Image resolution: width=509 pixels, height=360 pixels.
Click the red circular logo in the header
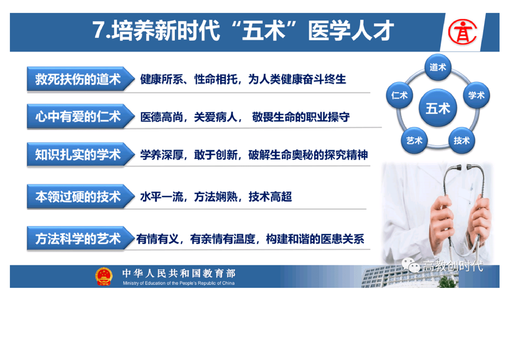click(x=462, y=32)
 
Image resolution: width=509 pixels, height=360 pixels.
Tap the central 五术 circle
click(x=438, y=108)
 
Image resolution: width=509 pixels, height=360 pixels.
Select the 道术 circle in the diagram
click(x=438, y=67)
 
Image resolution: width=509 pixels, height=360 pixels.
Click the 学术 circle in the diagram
click(x=476, y=95)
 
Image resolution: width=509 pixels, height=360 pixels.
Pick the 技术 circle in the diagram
click(x=462, y=140)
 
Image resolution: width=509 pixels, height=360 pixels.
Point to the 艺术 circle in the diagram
click(x=414, y=140)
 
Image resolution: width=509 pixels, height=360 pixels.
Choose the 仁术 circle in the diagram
click(x=399, y=95)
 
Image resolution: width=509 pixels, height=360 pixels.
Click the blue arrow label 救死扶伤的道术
click(x=81, y=79)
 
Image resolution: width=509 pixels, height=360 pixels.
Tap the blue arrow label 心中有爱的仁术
click(x=81, y=116)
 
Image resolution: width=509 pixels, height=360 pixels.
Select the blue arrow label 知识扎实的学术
click(x=81, y=155)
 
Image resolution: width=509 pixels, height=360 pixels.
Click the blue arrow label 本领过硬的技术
click(x=81, y=197)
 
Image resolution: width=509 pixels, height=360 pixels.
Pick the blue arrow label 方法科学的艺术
click(x=81, y=238)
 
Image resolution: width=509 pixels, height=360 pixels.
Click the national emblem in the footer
click(x=104, y=276)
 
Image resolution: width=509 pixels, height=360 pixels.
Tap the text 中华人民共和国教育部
click(x=179, y=273)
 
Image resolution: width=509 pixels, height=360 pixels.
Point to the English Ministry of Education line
click(x=179, y=283)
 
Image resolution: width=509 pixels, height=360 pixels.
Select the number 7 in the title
click(x=99, y=30)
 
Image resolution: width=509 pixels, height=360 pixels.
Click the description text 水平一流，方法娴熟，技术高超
click(x=216, y=197)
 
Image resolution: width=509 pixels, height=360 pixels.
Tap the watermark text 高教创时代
click(x=453, y=266)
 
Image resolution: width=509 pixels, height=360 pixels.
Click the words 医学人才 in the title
click(x=351, y=30)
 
